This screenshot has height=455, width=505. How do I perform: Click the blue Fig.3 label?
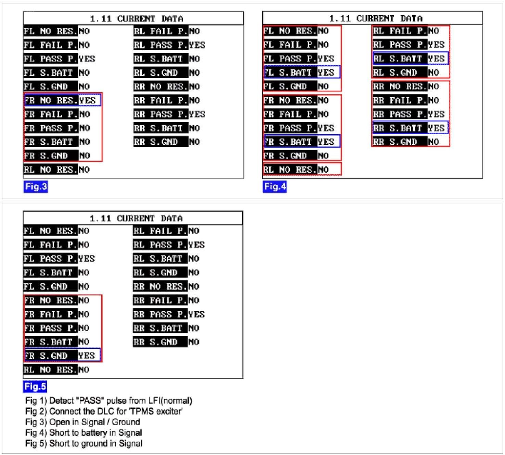(x=36, y=187)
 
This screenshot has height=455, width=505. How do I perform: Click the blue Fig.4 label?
(x=274, y=187)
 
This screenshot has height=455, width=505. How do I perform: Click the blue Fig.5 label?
(x=35, y=387)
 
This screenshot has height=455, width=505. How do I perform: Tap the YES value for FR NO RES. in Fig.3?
(x=88, y=100)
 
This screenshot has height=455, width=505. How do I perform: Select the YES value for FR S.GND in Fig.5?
(x=87, y=355)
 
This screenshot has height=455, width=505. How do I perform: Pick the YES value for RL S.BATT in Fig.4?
(x=436, y=59)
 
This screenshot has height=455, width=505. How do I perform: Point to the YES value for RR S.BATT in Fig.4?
(x=436, y=128)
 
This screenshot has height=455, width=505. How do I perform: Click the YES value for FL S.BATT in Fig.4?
(x=326, y=73)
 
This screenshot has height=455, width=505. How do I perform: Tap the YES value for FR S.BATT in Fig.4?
(x=326, y=142)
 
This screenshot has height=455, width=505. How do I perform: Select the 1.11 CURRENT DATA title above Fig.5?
(x=136, y=218)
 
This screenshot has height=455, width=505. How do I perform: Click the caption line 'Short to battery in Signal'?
(x=83, y=433)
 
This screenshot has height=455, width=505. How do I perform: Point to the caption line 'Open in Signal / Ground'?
(x=82, y=422)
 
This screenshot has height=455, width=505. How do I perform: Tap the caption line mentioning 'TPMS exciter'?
(x=104, y=411)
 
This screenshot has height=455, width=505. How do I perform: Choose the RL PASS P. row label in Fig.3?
(x=161, y=45)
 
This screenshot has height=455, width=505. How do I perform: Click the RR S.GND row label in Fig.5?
(x=160, y=342)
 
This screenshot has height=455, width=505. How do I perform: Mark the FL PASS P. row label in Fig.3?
(x=51, y=59)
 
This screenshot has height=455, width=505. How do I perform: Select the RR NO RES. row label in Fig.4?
(x=399, y=86)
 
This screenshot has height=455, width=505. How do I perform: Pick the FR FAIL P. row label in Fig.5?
(x=51, y=314)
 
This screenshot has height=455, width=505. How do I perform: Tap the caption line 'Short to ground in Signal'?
(x=83, y=443)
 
